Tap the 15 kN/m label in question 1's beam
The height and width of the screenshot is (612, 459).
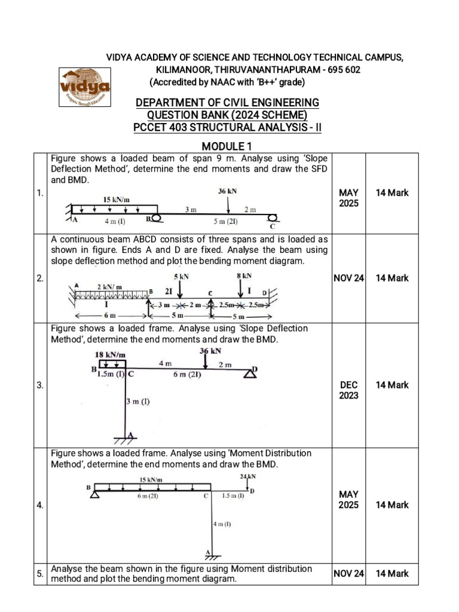pos(117,200)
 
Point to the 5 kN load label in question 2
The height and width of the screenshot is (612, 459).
pos(182,277)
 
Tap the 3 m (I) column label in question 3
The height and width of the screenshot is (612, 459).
pos(138,402)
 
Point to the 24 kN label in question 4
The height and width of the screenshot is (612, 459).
pos(247,476)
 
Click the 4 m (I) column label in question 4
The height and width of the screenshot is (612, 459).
pos(222,524)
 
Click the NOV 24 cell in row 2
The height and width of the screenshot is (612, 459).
pos(348,278)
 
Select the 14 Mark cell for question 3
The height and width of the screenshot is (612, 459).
pos(392,385)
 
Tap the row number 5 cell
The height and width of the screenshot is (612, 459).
pos(40,574)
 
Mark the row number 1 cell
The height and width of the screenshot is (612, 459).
pos(40,193)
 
